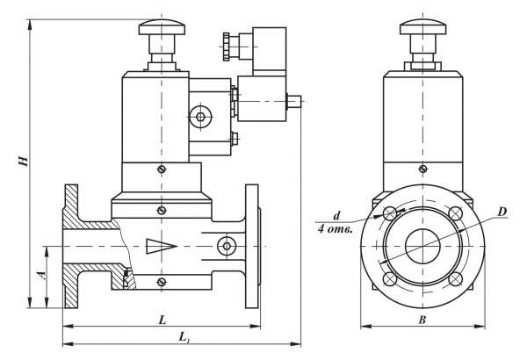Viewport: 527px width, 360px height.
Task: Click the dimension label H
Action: coord(23,161)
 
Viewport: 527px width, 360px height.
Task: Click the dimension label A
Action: coord(42,276)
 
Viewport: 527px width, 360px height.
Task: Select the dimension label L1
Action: coord(184,336)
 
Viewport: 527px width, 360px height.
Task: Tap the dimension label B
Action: coord(422,320)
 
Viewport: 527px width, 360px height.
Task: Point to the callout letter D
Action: coord(502,212)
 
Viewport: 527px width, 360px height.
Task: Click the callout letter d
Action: coord(336,215)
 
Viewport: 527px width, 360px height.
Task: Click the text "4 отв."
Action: coord(336,230)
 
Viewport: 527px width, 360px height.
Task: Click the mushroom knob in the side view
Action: coord(162,27)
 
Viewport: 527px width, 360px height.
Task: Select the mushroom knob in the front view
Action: coord(422,27)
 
